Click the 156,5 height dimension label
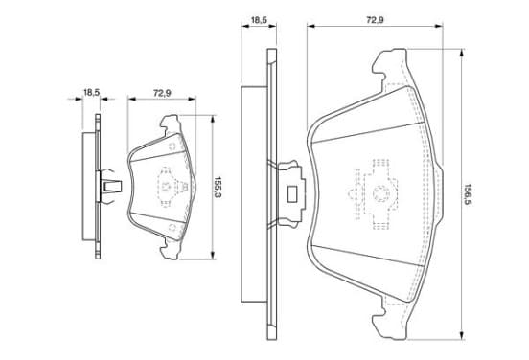[x=468, y=194]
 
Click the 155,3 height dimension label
[x=218, y=187]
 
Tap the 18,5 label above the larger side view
[x=259, y=20]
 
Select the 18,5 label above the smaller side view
[x=91, y=92]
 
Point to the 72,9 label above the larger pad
[x=375, y=20]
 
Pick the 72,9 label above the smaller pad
[x=162, y=93]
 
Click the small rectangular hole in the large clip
[x=292, y=194]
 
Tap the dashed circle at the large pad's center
[x=381, y=193]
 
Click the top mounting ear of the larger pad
[x=389, y=66]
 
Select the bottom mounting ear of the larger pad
[x=389, y=320]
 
